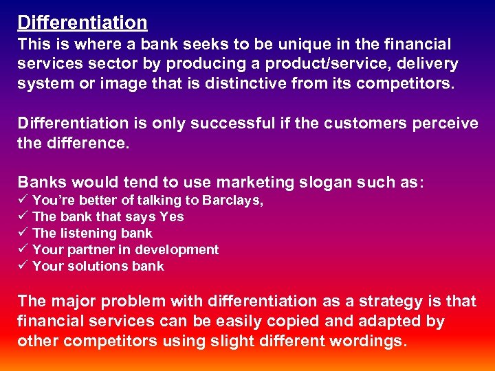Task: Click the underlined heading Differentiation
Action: click(82, 23)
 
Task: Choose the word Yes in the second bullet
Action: click(172, 217)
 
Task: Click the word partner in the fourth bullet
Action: click(84, 250)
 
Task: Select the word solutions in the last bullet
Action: click(97, 267)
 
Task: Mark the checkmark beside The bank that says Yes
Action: click(22, 217)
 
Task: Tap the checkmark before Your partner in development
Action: click(22, 250)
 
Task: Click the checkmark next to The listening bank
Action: click(22, 234)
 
